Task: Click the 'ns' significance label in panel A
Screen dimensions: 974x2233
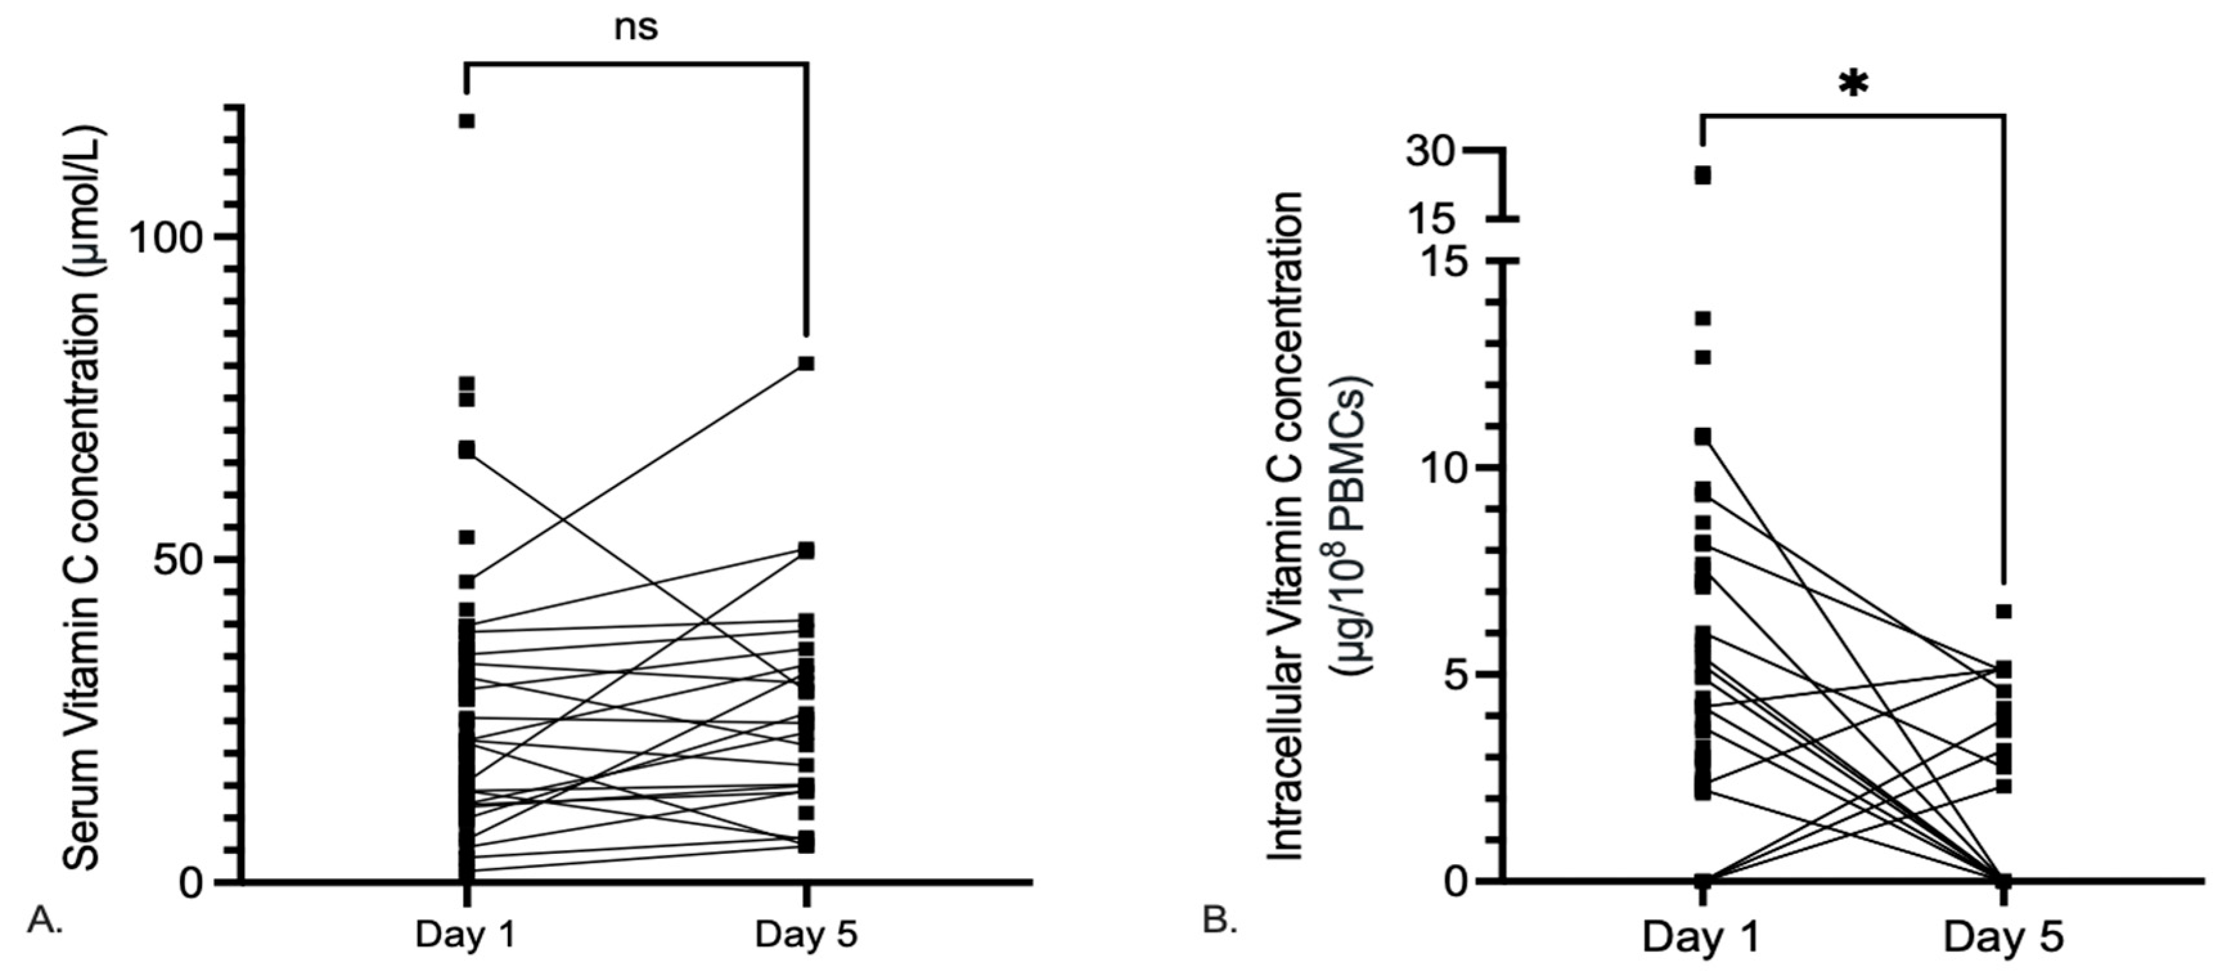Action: point(636,28)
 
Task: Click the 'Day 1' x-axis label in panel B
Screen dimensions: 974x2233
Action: point(1701,939)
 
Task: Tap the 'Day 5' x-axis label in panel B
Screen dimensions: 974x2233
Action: point(2004,939)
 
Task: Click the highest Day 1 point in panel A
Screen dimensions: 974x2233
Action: point(467,120)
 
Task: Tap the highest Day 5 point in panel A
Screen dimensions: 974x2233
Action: point(806,362)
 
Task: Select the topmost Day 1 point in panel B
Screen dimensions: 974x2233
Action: point(1703,176)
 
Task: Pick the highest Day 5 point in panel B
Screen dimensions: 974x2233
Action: point(2004,612)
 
